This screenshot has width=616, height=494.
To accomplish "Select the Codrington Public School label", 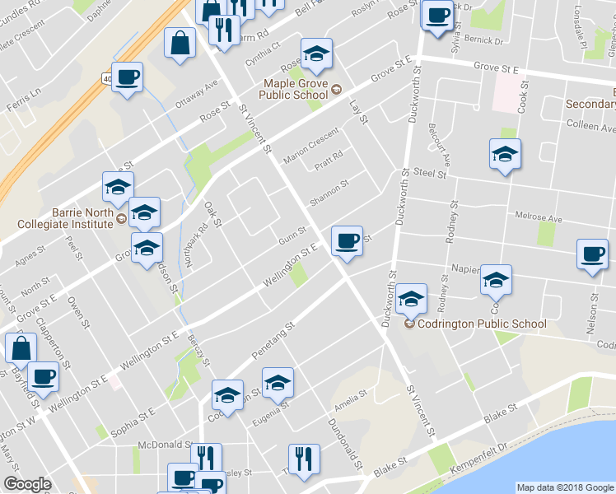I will click(x=482, y=324).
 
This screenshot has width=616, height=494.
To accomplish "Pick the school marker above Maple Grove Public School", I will click(x=316, y=54).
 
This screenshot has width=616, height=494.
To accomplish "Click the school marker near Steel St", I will click(x=505, y=154).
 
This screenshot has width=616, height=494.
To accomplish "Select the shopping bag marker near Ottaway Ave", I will click(x=179, y=44).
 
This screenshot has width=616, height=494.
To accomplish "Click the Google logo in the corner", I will click(x=27, y=484).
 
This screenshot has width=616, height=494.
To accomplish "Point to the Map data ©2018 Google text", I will click(x=565, y=487).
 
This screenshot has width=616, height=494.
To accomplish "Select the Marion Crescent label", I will click(x=310, y=145).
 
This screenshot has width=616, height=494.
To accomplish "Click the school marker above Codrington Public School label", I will click(x=411, y=300).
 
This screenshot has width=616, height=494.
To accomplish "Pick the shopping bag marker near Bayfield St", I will click(x=21, y=348).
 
